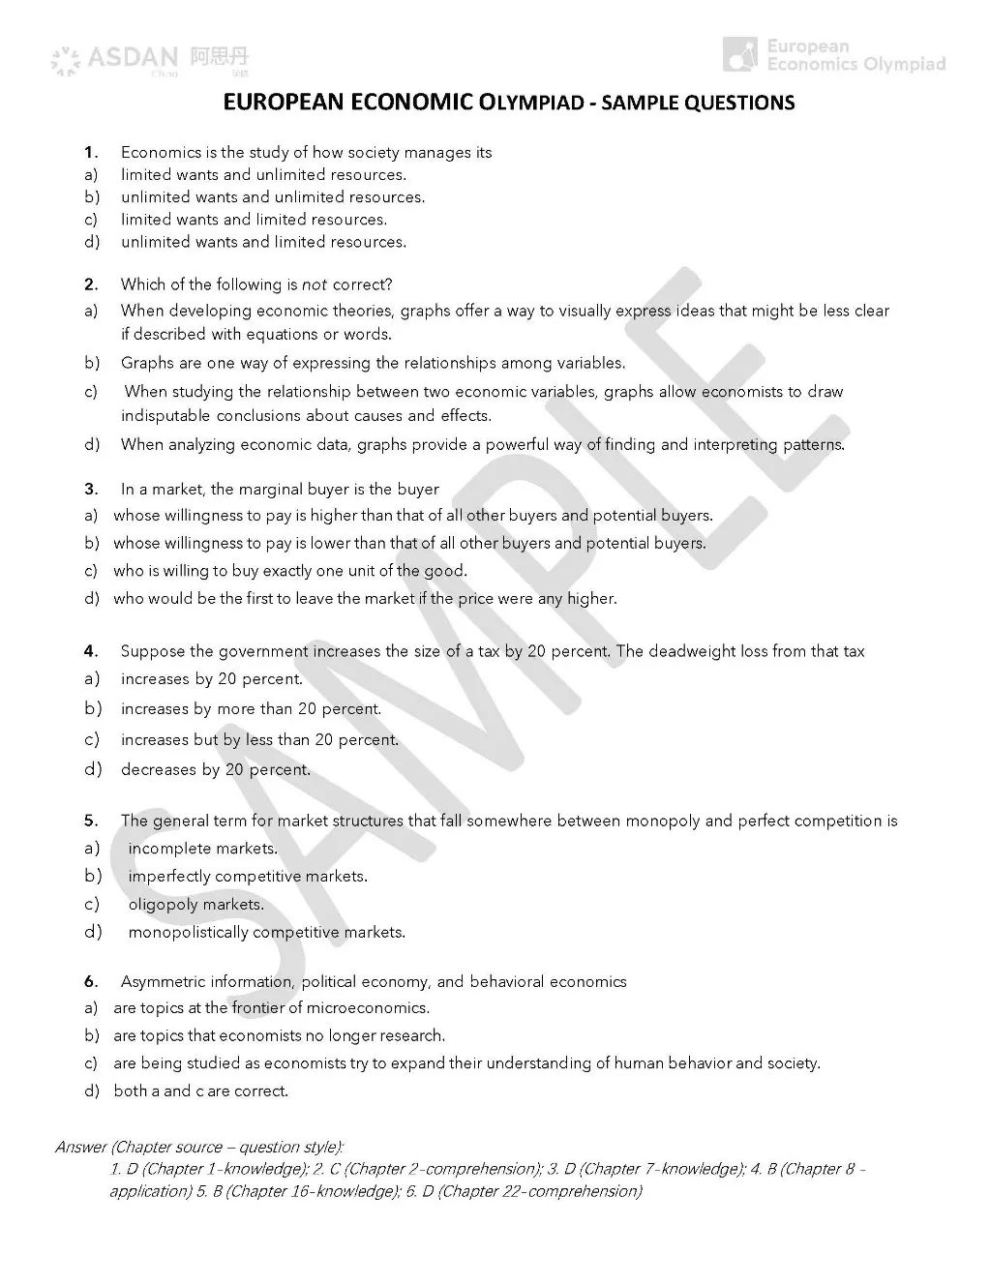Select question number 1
click(91, 152)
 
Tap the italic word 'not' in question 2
click(315, 284)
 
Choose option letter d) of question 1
click(91, 242)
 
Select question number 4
click(91, 651)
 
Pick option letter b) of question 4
click(92, 708)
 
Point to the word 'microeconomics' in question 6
click(371, 1008)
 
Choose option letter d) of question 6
click(91, 1091)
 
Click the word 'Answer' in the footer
click(81, 1148)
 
